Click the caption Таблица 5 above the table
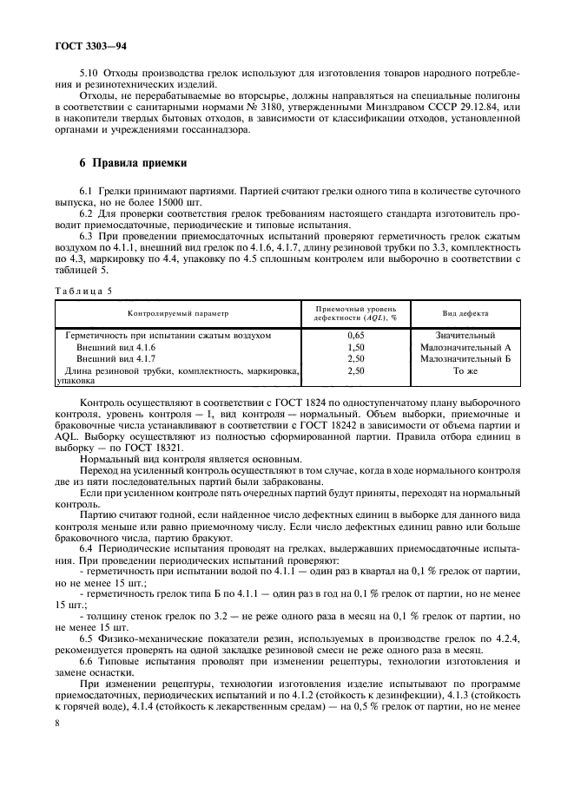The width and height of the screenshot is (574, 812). [84, 291]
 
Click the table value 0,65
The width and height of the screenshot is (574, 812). [354, 334]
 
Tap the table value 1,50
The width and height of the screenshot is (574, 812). [354, 345]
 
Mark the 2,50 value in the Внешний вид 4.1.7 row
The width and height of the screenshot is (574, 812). [354, 357]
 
